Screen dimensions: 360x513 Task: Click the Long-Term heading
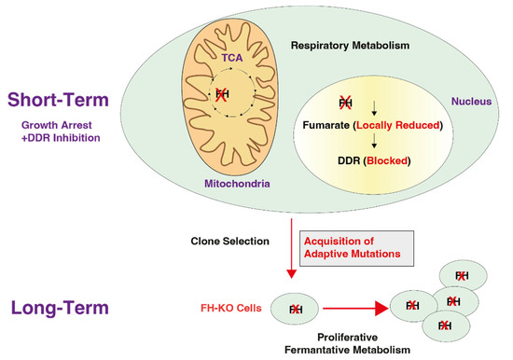56,307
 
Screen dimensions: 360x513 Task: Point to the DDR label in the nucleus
331,159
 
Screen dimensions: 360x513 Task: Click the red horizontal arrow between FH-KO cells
351,306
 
